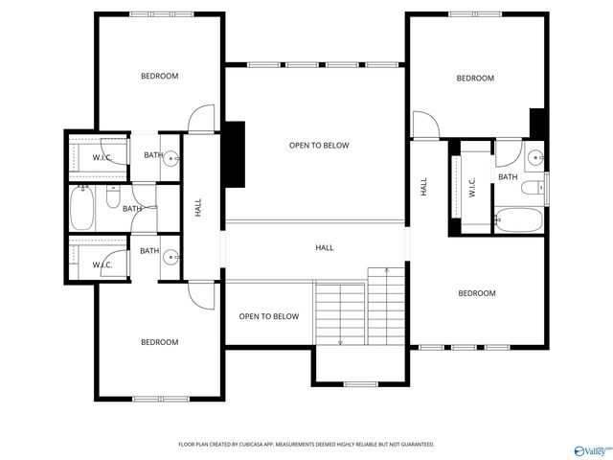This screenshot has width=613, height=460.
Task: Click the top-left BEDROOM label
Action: (160, 76)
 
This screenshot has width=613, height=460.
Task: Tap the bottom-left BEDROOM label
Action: (160, 342)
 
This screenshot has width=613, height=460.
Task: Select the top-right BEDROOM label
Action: (475, 79)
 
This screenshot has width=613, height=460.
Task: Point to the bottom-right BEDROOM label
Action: (476, 293)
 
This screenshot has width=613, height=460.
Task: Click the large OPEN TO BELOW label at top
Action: (319, 146)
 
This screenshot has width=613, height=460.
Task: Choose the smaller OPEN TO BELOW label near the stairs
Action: (268, 316)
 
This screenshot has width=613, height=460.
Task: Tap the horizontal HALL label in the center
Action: (325, 248)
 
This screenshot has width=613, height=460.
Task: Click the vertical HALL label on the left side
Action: (198, 207)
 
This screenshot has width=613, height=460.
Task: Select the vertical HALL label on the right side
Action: (423, 188)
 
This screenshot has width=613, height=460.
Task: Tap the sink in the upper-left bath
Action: (170, 157)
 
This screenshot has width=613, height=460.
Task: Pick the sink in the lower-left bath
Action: (170, 256)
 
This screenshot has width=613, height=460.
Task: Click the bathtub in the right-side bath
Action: (517, 219)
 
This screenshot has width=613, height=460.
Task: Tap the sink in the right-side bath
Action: (534, 157)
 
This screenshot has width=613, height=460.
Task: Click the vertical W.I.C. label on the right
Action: (472, 187)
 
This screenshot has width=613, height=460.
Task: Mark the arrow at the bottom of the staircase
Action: (341, 340)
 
